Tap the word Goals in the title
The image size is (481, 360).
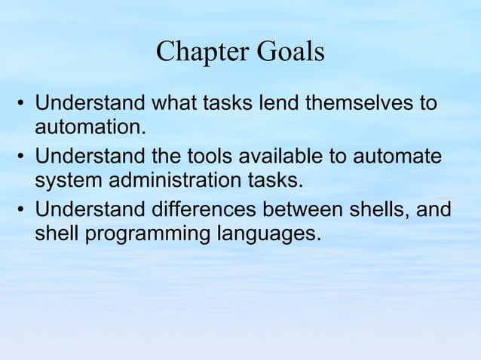pos(290,52)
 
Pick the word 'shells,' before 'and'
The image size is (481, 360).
pos(381,212)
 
